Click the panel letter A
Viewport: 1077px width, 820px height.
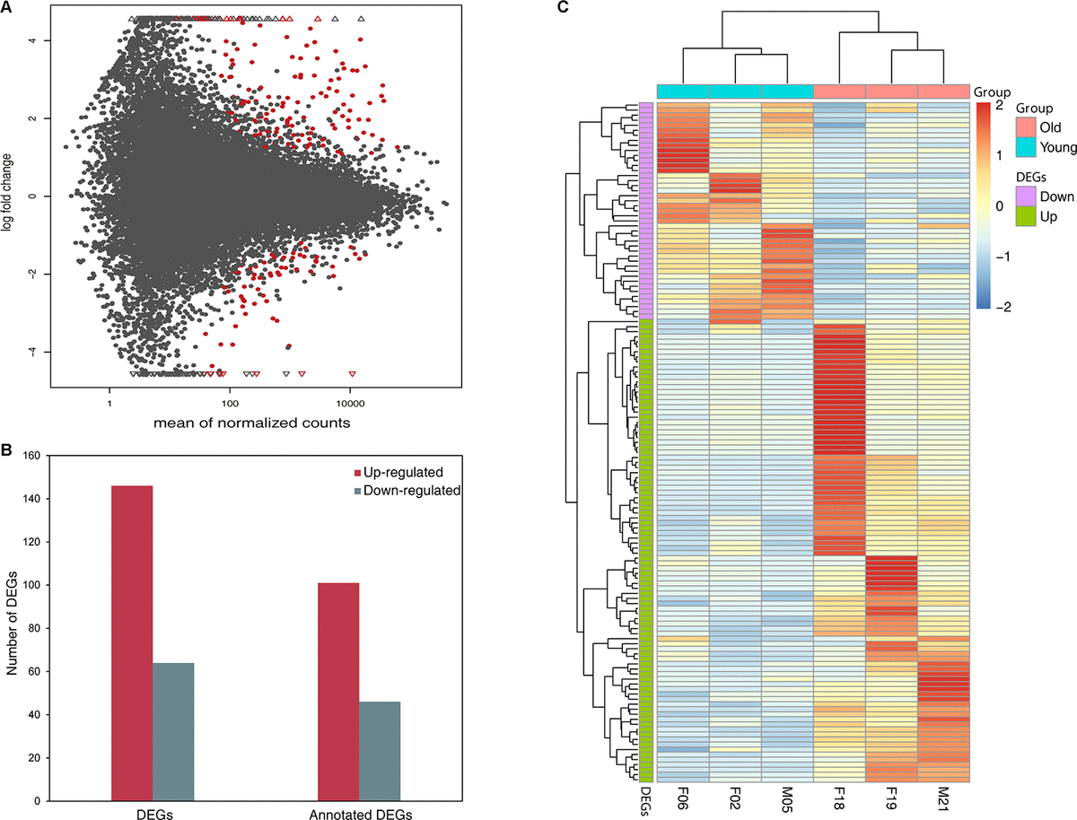coord(9,8)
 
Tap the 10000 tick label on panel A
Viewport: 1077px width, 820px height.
coord(350,392)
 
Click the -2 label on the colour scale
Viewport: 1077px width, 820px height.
coord(998,307)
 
